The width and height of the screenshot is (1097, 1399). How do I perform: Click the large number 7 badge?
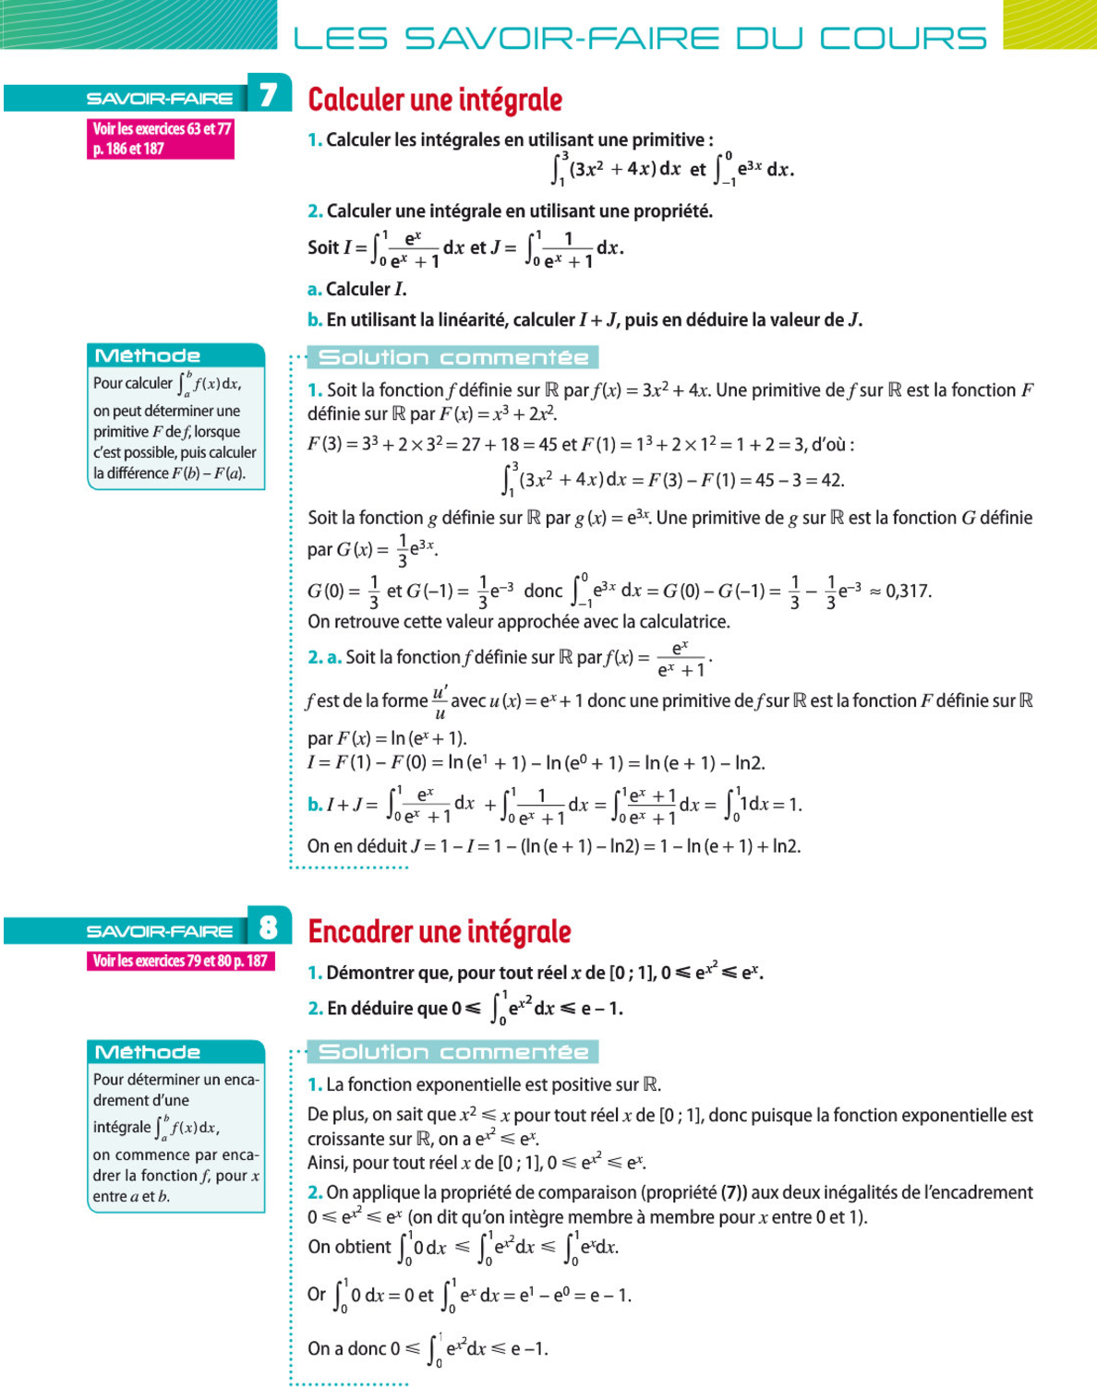[269, 94]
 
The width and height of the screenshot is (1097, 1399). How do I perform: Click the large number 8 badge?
[269, 927]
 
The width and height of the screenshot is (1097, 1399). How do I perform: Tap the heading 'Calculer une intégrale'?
[435, 100]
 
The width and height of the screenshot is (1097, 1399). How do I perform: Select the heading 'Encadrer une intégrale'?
[440, 932]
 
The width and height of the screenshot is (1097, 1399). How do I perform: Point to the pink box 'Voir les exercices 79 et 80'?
[180, 961]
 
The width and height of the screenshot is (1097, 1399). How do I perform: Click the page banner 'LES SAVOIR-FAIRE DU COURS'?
[640, 38]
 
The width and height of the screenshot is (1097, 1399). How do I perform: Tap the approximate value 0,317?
[909, 591]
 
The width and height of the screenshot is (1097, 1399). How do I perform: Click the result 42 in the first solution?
[833, 480]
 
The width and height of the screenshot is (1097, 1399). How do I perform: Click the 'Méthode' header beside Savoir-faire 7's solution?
[148, 355]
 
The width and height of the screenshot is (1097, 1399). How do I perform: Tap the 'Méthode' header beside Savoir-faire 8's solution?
[148, 1052]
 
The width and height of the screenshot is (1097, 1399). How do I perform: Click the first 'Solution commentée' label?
[453, 357]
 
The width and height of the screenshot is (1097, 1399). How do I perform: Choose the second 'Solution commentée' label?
[453, 1052]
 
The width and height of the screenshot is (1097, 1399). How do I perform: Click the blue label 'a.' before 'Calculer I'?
[315, 290]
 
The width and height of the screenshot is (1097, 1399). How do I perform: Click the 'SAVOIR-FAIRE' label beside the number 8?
[159, 931]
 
